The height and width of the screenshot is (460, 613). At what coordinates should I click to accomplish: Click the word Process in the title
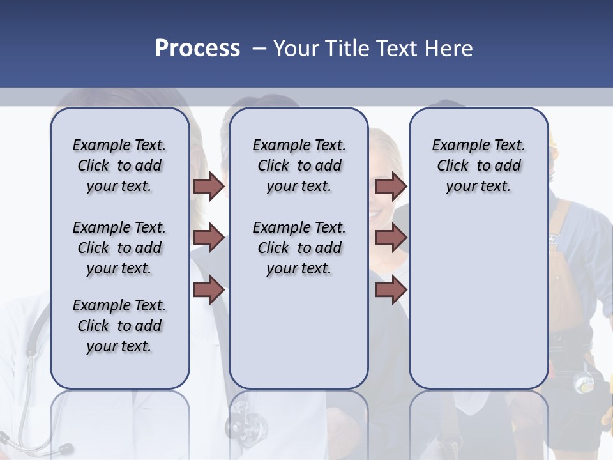(197, 48)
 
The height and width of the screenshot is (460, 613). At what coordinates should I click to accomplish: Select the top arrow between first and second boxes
(209, 186)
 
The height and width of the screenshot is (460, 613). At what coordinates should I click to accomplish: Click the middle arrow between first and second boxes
(209, 238)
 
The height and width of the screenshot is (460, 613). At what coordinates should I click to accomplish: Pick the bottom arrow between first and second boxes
(209, 290)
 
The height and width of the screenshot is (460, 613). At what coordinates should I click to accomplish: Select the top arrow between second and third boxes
(391, 186)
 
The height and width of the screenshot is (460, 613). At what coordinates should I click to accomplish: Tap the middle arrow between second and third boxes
(391, 238)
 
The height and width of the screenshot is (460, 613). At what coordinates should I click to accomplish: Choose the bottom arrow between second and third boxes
(391, 290)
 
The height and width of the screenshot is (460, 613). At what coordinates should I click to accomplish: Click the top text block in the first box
(119, 165)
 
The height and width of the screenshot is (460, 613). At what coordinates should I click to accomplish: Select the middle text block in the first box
(119, 248)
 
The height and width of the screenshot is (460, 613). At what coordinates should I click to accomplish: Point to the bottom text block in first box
(119, 326)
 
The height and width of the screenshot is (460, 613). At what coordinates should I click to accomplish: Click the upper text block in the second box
(299, 165)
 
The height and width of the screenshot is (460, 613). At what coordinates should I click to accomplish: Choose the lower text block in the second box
(299, 248)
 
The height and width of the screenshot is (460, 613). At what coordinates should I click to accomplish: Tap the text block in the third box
(478, 165)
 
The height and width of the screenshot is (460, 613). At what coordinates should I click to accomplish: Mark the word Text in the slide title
(399, 48)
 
